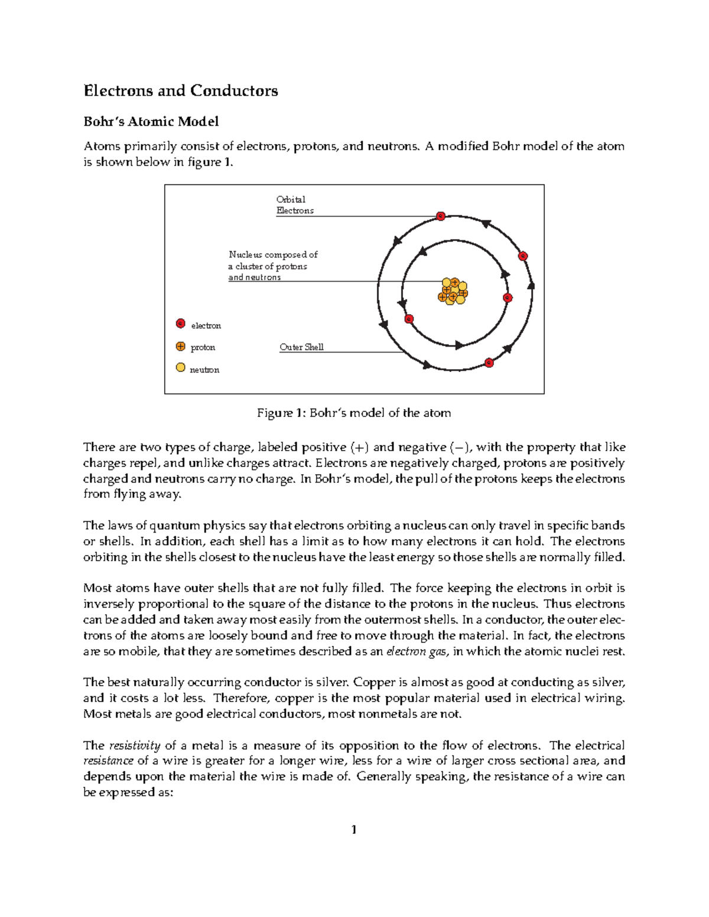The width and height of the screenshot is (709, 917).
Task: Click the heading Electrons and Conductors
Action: tap(180, 90)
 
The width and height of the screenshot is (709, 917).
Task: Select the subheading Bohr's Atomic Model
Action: tap(151, 121)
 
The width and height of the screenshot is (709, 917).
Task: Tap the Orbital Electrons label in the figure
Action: tap(294, 205)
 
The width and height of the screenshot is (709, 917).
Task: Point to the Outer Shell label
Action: tap(301, 347)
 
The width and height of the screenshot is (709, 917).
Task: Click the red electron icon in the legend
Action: tap(181, 324)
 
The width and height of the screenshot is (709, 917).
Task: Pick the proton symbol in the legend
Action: tap(181, 346)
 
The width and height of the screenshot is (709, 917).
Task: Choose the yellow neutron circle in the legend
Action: tap(181, 367)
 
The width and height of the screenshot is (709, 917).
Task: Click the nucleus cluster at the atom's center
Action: tap(453, 291)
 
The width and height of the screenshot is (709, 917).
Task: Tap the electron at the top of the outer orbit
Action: tap(440, 216)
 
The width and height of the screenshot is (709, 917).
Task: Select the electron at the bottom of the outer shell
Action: tap(489, 363)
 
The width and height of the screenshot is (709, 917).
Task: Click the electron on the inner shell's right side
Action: tap(507, 298)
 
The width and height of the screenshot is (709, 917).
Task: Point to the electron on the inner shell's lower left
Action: tap(409, 319)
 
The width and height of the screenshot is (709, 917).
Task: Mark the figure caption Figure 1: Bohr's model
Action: tap(353, 413)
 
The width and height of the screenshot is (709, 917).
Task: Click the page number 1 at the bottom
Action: tap(353, 830)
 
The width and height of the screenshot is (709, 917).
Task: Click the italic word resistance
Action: tap(108, 761)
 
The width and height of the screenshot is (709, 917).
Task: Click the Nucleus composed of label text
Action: tap(273, 254)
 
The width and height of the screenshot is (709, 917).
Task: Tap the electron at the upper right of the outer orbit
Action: tap(522, 256)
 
